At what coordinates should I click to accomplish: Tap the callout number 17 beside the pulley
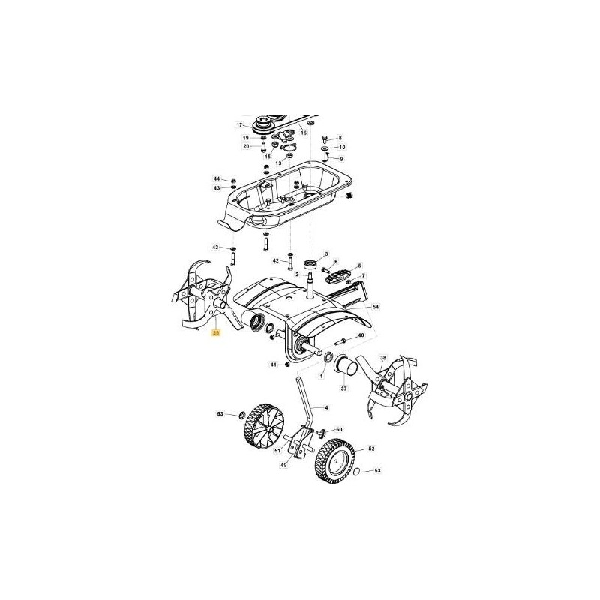click(x=240, y=125)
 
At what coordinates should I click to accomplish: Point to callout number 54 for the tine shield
click(x=376, y=307)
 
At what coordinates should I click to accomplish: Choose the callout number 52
click(x=371, y=448)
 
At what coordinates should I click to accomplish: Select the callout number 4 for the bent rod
click(x=327, y=406)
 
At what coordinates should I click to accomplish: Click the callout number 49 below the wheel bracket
click(x=284, y=466)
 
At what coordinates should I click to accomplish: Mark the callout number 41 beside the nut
click(x=274, y=364)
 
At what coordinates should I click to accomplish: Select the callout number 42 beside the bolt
click(x=275, y=260)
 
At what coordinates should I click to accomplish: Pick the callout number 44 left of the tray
click(x=217, y=179)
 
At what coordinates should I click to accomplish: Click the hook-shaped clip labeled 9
click(x=328, y=160)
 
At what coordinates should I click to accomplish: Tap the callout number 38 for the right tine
click(x=383, y=358)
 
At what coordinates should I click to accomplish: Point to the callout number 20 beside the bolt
click(x=246, y=146)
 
